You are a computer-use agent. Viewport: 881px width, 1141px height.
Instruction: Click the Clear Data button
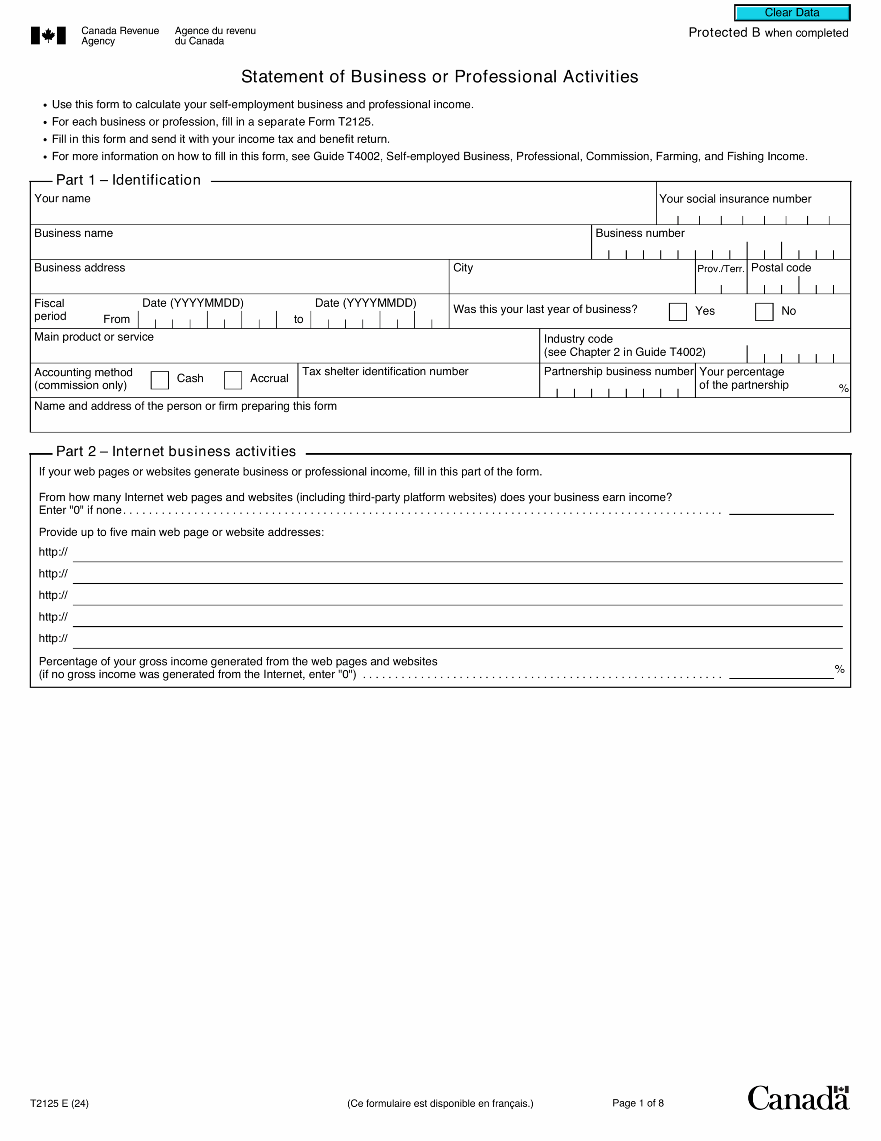[792, 13]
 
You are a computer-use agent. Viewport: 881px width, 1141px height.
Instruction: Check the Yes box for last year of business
[677, 312]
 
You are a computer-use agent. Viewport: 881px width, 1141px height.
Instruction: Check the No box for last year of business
[763, 312]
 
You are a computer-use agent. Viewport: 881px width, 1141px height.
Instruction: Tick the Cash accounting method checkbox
[159, 380]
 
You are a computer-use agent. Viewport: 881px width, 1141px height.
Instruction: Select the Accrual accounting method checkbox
[233, 380]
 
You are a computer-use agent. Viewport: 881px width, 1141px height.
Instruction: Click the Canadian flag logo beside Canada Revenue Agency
[48, 36]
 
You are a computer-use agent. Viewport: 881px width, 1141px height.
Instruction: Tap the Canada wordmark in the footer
[798, 1098]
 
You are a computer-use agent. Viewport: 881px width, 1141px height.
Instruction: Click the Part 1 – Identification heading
[128, 180]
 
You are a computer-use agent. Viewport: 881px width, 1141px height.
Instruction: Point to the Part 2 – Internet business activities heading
[175, 451]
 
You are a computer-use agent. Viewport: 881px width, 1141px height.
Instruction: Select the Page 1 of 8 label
[638, 1103]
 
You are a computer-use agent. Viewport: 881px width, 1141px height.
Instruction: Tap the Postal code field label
[781, 268]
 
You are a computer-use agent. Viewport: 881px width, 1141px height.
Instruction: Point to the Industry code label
[578, 339]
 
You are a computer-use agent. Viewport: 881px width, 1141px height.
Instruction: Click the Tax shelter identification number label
[385, 371]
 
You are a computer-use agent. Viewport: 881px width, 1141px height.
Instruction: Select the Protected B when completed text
[768, 33]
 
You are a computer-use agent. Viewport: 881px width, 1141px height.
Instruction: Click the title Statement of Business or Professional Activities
[440, 77]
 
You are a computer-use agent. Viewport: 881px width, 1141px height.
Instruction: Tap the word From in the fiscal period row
[116, 319]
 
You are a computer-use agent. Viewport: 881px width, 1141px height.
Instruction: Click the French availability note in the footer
[440, 1104]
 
